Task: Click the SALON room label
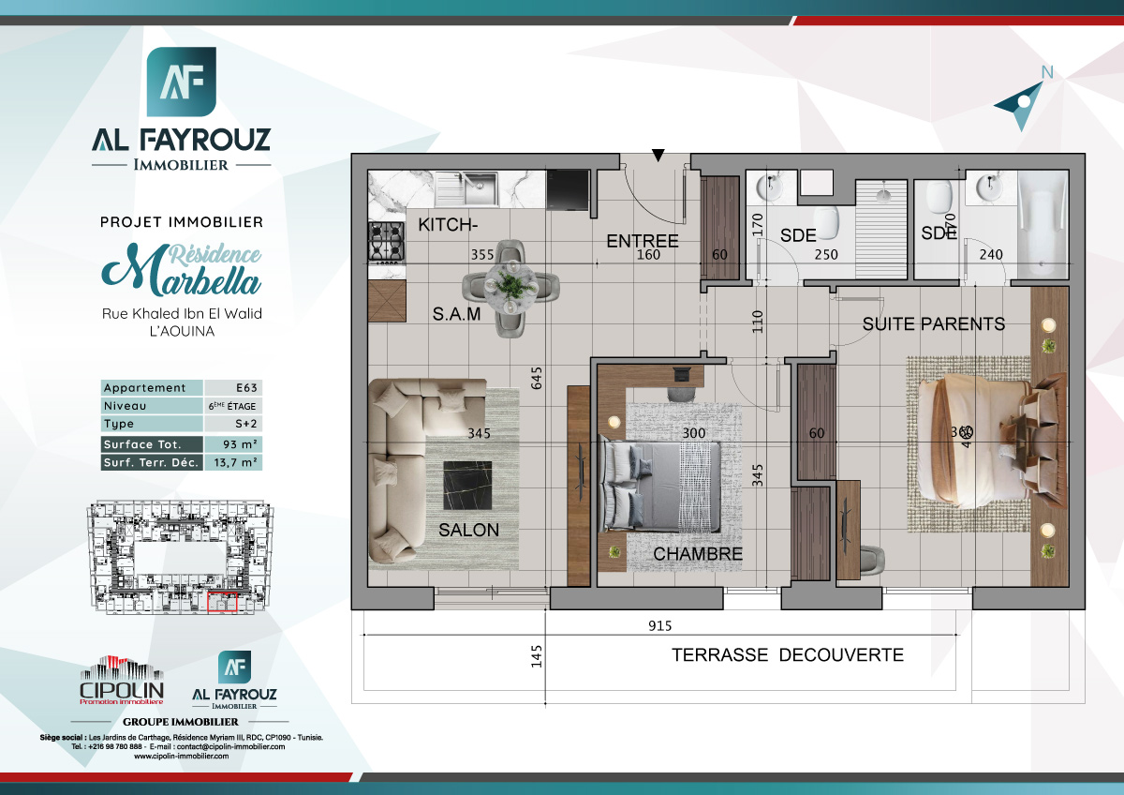[x=468, y=530]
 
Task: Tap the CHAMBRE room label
[x=698, y=554]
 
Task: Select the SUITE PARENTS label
[x=933, y=324]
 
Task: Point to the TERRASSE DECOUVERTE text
[x=787, y=655]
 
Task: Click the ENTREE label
[x=642, y=241]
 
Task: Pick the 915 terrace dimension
[x=659, y=626]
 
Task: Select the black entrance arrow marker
[x=658, y=156]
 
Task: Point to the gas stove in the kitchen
[x=385, y=241]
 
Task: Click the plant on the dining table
[x=510, y=283]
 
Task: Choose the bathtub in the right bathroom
[x=1042, y=225]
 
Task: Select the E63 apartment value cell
[x=232, y=388]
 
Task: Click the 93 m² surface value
[x=232, y=444]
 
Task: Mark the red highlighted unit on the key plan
[x=223, y=605]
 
